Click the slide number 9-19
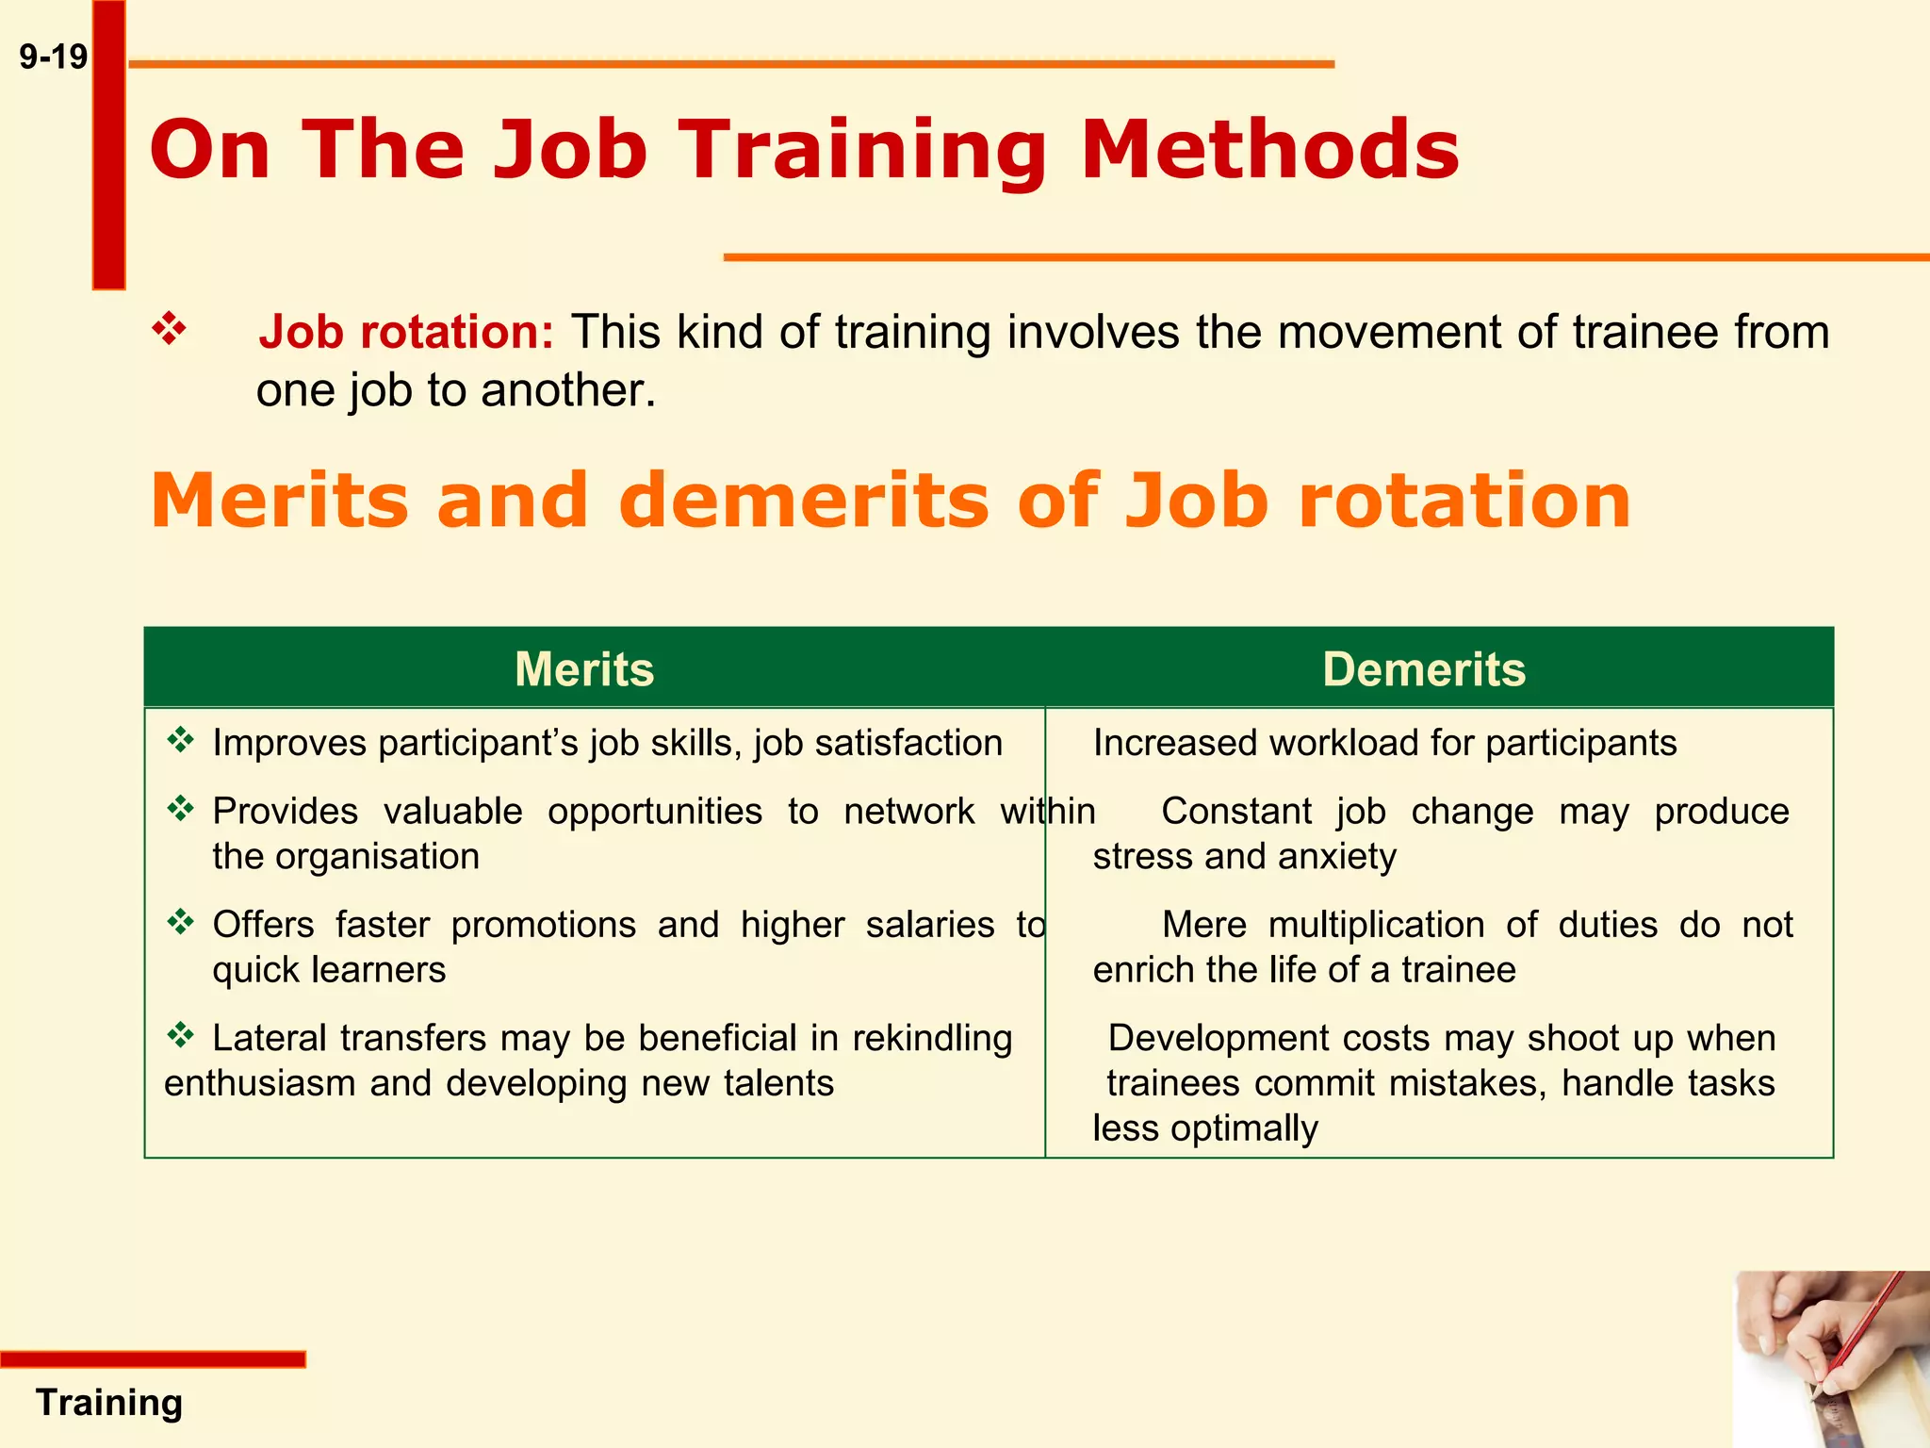click(53, 58)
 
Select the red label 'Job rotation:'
click(406, 332)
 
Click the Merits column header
click(584, 669)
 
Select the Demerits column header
click(1423, 669)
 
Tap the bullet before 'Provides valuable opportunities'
click(180, 808)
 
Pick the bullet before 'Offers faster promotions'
click(180, 921)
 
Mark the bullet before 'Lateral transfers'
click(180, 1035)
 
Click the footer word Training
click(109, 1403)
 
